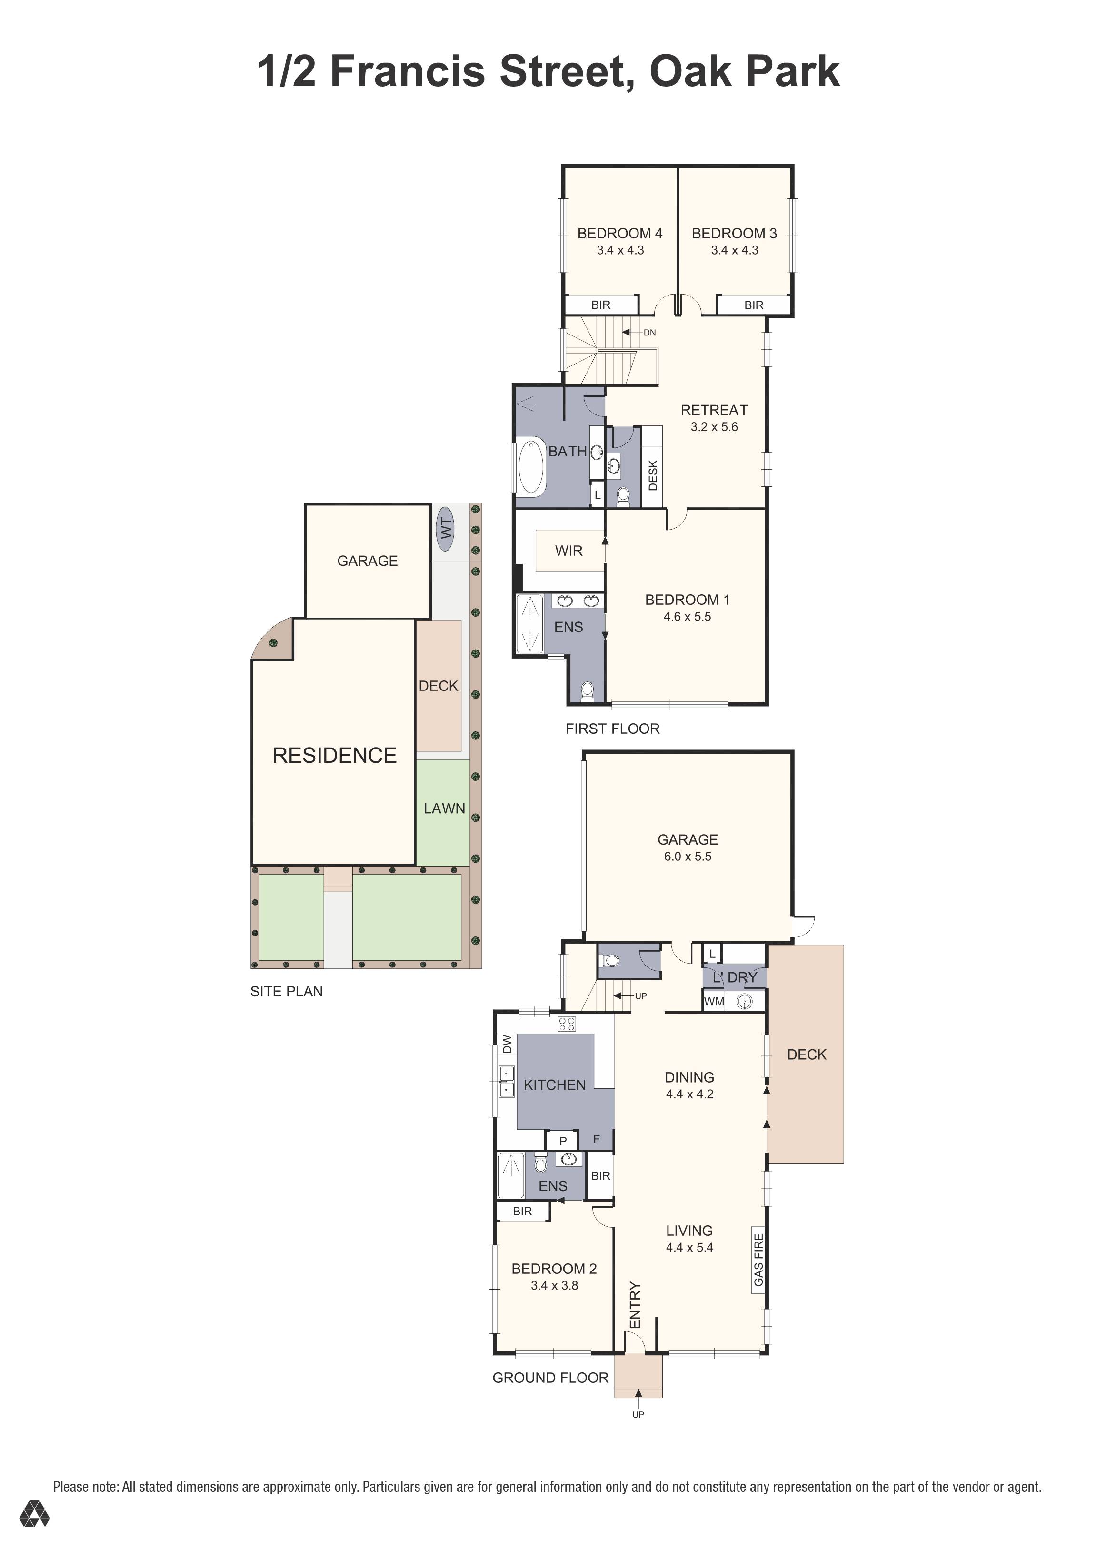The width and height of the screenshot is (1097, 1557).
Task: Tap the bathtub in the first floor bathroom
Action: coord(531,467)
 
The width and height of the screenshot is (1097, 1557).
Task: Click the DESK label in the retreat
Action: coord(653,475)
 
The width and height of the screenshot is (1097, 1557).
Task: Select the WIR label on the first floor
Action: coord(568,551)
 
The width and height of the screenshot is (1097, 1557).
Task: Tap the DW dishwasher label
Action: coord(507,1045)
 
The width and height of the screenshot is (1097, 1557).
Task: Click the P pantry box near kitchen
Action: coord(562,1141)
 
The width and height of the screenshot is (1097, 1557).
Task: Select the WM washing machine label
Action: coord(714,1002)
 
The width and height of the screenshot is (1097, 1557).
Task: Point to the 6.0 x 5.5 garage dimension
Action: coord(687,857)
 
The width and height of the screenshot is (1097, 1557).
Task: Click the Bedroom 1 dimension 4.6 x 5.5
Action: coord(687,616)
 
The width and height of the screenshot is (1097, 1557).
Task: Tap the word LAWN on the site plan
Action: coord(444,808)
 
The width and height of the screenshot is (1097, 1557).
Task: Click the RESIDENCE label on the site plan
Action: coord(334,756)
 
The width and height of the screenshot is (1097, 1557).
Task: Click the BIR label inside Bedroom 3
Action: coord(754,305)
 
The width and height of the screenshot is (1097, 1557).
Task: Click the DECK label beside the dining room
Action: coord(807,1054)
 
